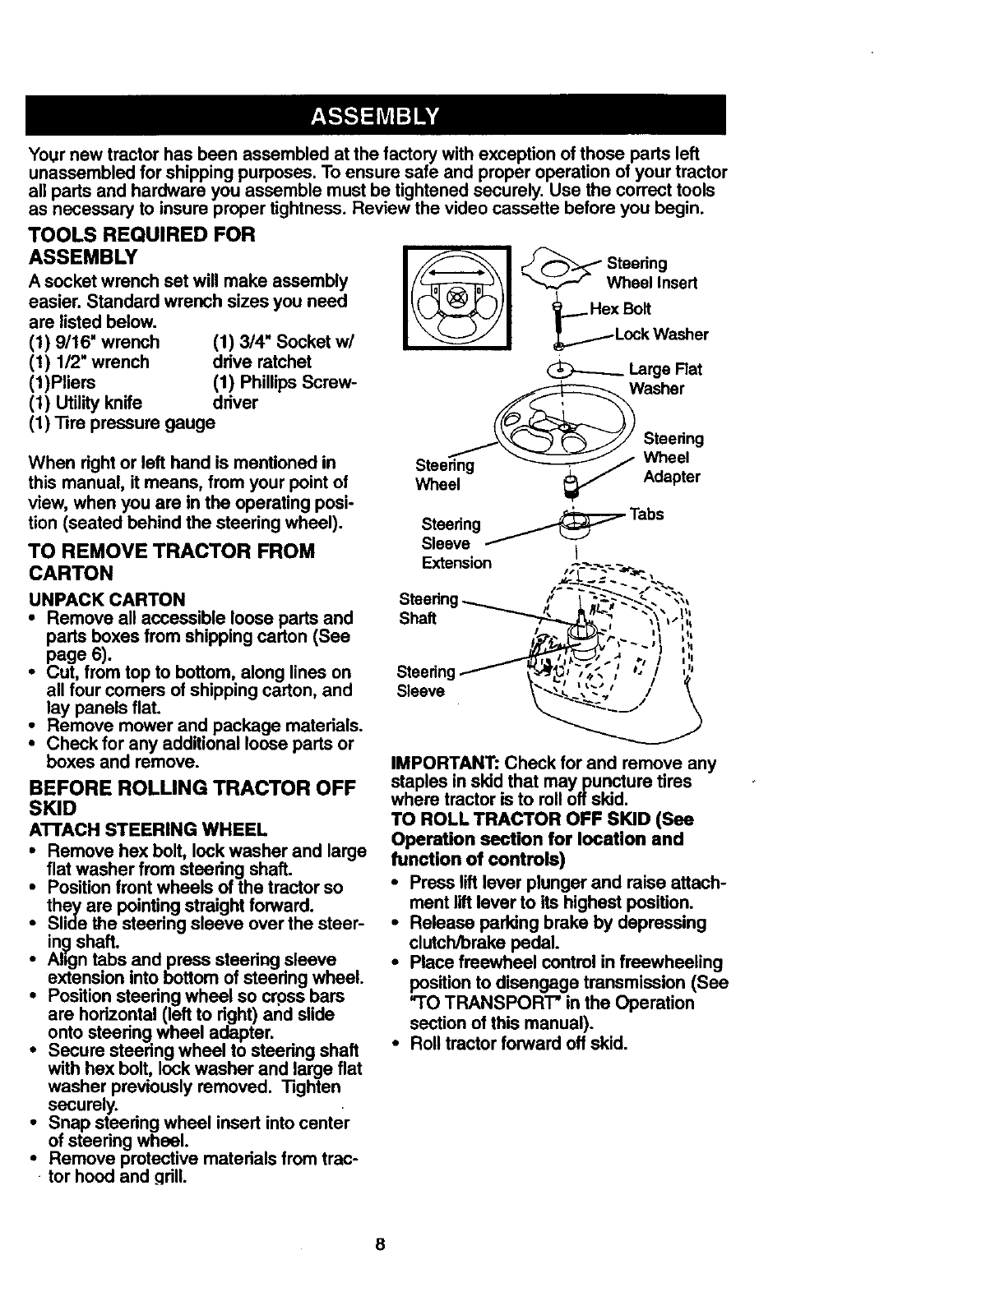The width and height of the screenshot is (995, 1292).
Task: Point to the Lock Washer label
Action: pyautogui.click(x=661, y=335)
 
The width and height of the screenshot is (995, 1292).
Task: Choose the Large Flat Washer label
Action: pyautogui.click(x=664, y=379)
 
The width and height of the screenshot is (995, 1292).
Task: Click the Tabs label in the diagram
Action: pyautogui.click(x=646, y=514)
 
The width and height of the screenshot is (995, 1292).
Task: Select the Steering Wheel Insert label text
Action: pyautogui.click(x=651, y=273)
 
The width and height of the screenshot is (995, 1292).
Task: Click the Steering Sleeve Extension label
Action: pyautogui.click(x=456, y=543)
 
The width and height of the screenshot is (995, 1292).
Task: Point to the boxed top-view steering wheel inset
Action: pyautogui.click(x=457, y=295)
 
